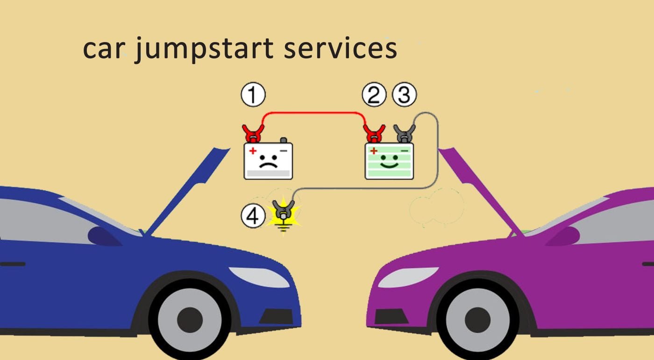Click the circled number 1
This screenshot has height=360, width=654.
(x=253, y=95)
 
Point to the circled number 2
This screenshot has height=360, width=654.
(x=374, y=95)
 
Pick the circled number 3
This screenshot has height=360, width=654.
(x=404, y=95)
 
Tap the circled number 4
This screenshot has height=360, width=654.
(x=253, y=217)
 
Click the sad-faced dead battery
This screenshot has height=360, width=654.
(x=268, y=161)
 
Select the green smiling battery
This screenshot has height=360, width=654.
(x=389, y=162)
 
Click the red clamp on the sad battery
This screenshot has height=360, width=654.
(x=253, y=134)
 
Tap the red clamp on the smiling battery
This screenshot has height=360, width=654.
(x=375, y=133)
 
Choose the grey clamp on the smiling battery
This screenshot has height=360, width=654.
(x=404, y=133)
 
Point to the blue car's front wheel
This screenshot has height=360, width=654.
(x=190, y=320)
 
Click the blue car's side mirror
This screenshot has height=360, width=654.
(x=104, y=236)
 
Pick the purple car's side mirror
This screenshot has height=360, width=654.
(x=562, y=236)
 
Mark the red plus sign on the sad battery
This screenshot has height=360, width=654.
(x=253, y=151)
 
